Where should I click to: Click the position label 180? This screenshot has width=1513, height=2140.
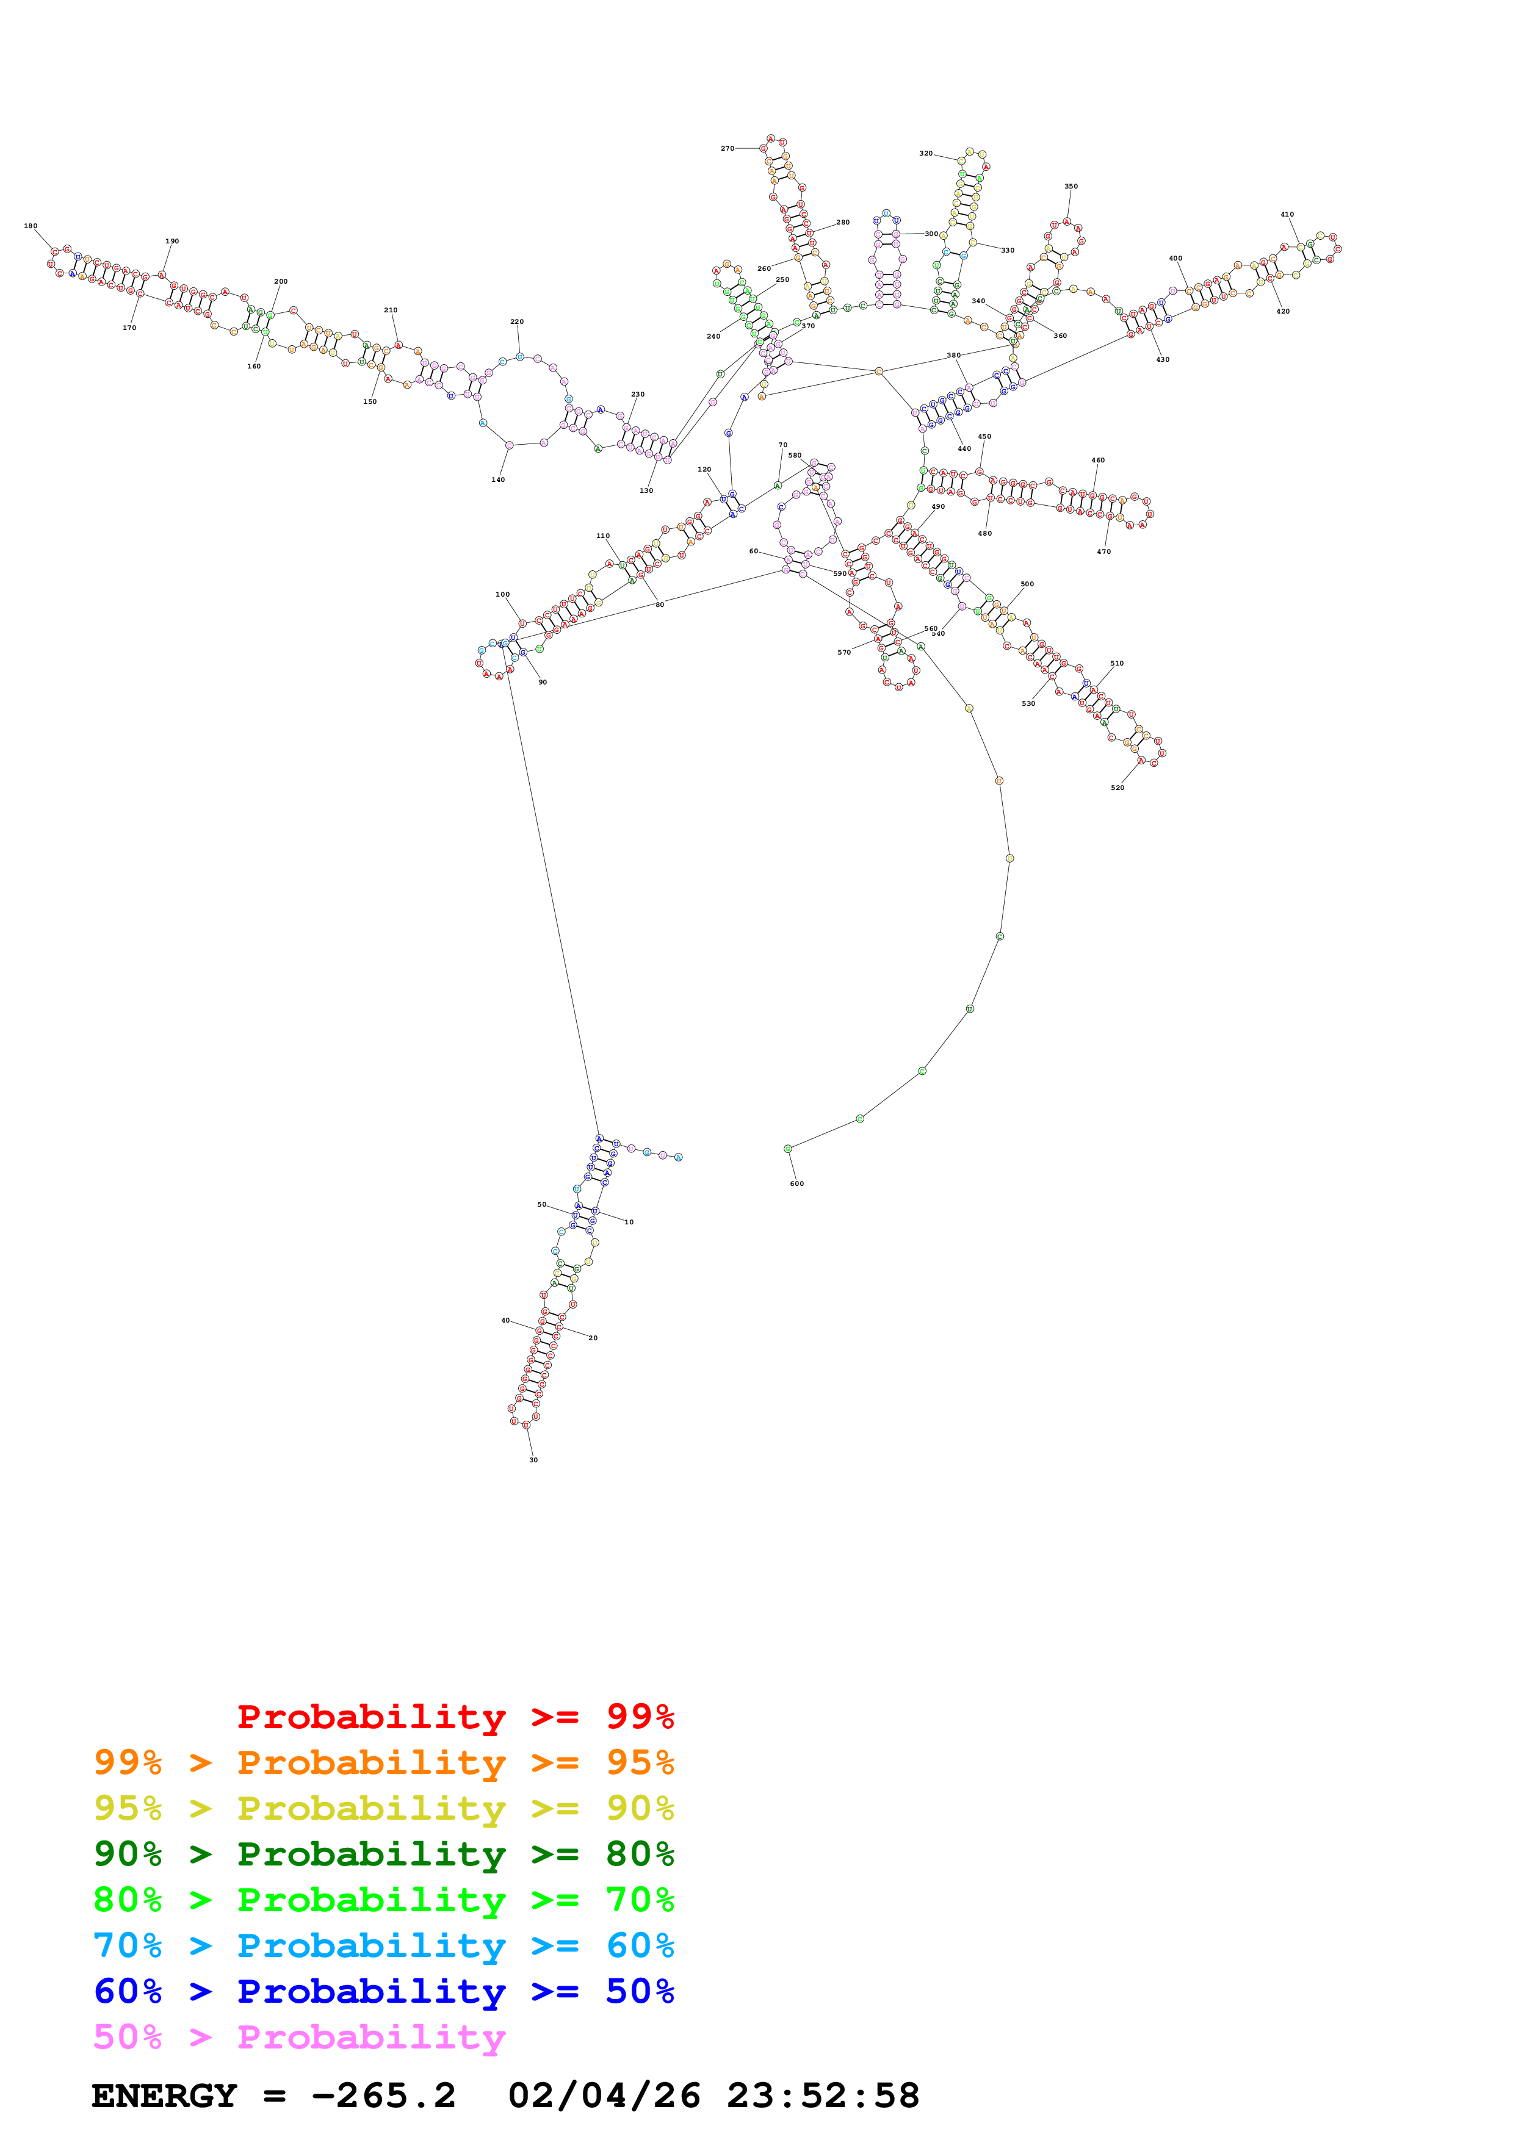[31, 226]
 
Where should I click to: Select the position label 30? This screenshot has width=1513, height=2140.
[533, 1460]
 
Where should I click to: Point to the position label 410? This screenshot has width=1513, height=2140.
[1287, 214]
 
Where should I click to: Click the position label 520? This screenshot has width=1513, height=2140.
[1117, 788]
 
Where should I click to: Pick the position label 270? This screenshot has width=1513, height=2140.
[727, 148]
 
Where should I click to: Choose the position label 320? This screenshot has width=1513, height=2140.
[926, 153]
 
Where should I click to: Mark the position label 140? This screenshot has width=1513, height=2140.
[498, 480]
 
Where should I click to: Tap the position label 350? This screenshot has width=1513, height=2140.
[1071, 187]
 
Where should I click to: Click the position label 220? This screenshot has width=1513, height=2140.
[516, 321]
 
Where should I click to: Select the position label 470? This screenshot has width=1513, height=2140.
[1103, 552]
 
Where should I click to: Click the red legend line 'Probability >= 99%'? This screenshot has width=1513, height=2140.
[455, 1716]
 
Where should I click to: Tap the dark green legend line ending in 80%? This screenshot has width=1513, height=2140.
[383, 1854]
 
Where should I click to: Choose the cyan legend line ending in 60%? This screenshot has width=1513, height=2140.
[383, 1945]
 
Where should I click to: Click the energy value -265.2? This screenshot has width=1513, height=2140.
[383, 2096]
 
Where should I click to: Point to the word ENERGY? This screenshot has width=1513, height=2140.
[164, 2096]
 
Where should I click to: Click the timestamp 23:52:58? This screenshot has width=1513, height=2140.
[823, 2096]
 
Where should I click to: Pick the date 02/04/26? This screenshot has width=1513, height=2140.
[604, 2096]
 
